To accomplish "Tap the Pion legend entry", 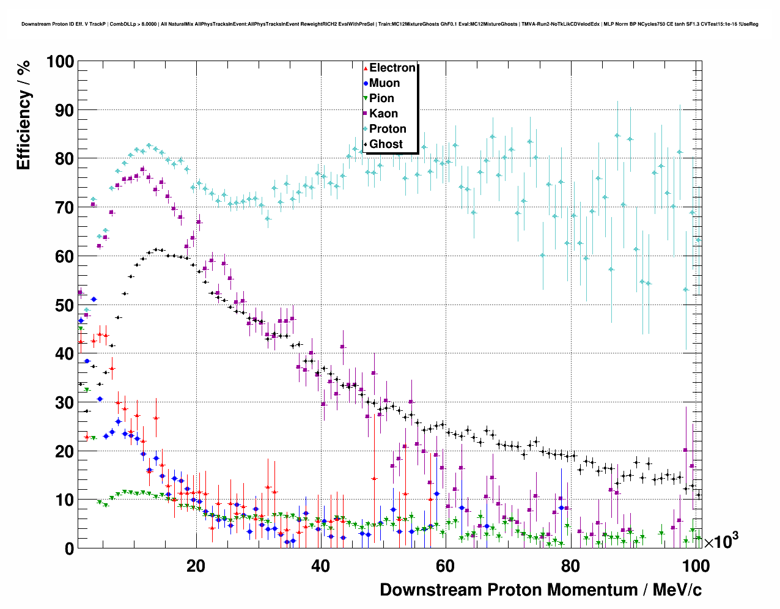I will [381, 98].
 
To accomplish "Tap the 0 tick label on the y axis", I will [68, 548].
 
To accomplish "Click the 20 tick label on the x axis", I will [196, 566].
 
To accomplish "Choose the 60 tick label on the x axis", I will [445, 566].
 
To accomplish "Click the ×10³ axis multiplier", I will [721, 541].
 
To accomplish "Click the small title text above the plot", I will [389, 24].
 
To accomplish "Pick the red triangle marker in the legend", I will [366, 68].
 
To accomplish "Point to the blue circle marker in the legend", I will [366, 83].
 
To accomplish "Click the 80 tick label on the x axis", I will [570, 566].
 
